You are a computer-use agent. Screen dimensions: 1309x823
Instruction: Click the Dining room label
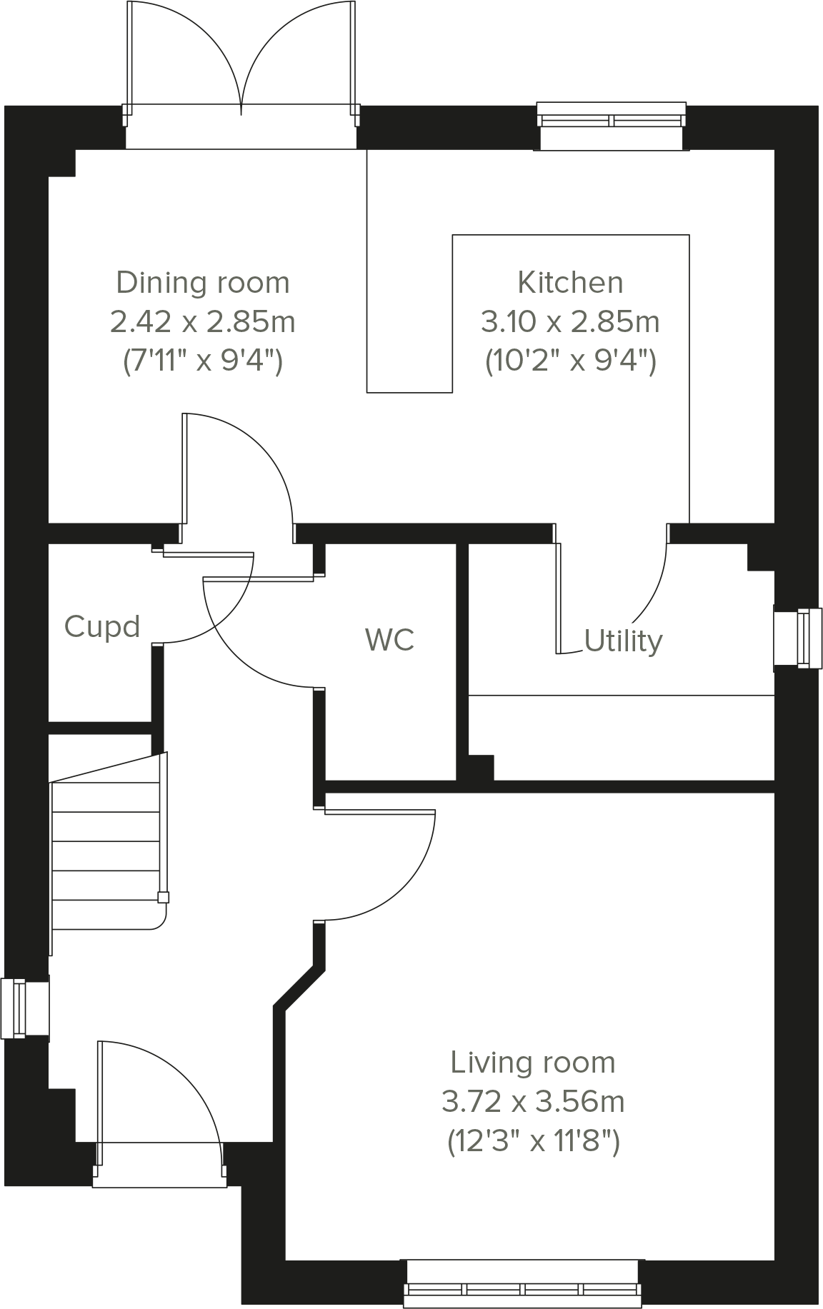point(203,283)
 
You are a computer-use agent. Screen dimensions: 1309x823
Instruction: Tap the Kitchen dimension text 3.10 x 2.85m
point(570,322)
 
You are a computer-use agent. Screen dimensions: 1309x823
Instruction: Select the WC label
point(389,640)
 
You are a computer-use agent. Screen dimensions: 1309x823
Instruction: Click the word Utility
point(623,641)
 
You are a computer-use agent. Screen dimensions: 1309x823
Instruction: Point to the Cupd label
point(101,627)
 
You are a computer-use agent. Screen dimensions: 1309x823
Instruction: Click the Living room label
point(532,1063)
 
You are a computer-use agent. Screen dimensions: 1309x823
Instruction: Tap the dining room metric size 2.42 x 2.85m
point(203,322)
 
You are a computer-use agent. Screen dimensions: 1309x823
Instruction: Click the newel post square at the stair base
point(163,898)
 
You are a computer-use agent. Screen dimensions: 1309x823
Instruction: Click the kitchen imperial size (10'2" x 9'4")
point(570,361)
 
